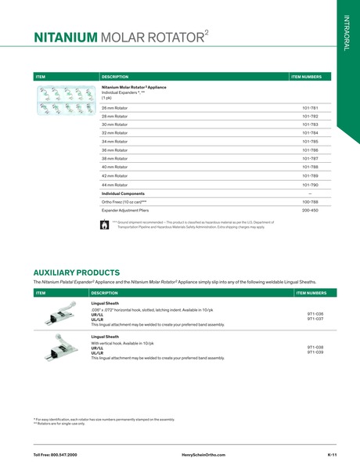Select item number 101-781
[x=310, y=107]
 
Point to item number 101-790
[x=310, y=183]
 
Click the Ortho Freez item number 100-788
[x=310, y=201]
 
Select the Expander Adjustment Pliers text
[x=125, y=210]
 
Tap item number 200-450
[x=310, y=210]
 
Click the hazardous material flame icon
[x=106, y=224]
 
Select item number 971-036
[x=315, y=313]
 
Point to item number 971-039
[x=315, y=352]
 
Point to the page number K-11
[x=332, y=455]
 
